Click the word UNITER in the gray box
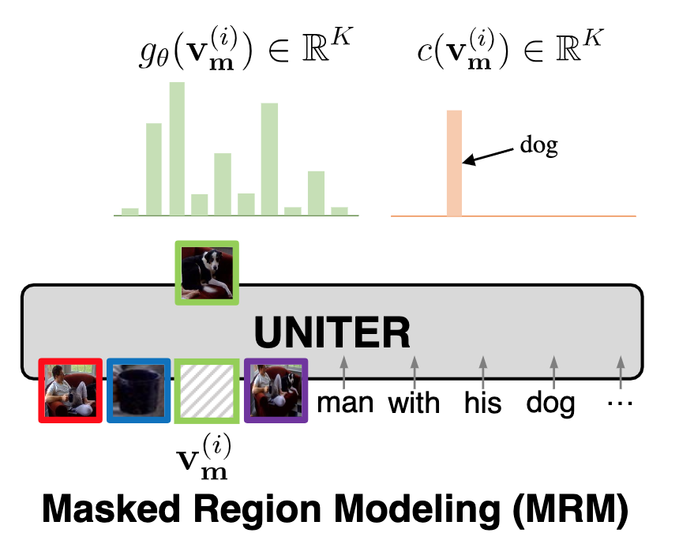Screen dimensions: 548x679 coord(332,332)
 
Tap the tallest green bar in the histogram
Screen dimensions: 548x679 coord(178,148)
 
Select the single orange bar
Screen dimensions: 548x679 coord(453,163)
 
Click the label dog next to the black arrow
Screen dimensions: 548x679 coord(540,146)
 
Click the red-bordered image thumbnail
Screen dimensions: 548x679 coord(71,390)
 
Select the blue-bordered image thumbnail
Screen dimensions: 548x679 coord(137,390)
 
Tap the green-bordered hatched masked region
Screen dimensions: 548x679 coord(205,390)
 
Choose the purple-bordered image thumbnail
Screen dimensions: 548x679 coord(275,390)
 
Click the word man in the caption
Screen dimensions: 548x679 coord(345,403)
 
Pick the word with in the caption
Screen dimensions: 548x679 coord(414,403)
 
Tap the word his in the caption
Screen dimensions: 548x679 coord(483,403)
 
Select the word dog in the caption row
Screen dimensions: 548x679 coord(551,403)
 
